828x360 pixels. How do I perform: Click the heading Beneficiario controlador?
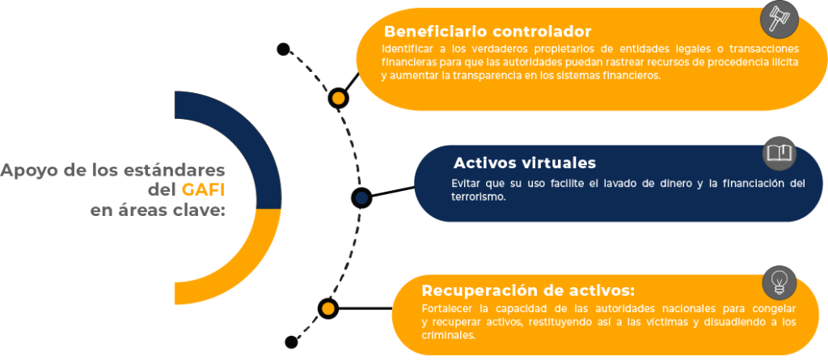[488, 32]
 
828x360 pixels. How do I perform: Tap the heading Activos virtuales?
[524, 163]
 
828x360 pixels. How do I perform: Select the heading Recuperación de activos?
[528, 291]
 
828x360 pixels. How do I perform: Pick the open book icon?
[779, 154]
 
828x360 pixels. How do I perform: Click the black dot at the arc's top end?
[283, 49]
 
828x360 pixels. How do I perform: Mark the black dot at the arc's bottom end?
[291, 342]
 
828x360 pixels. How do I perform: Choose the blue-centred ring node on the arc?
[361, 197]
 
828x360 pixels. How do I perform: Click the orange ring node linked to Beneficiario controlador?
[338, 99]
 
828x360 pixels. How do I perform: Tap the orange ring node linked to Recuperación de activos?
[328, 308]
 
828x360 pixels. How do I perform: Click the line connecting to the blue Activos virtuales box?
[394, 192]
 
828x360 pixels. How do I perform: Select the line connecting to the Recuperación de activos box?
[365, 308]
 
